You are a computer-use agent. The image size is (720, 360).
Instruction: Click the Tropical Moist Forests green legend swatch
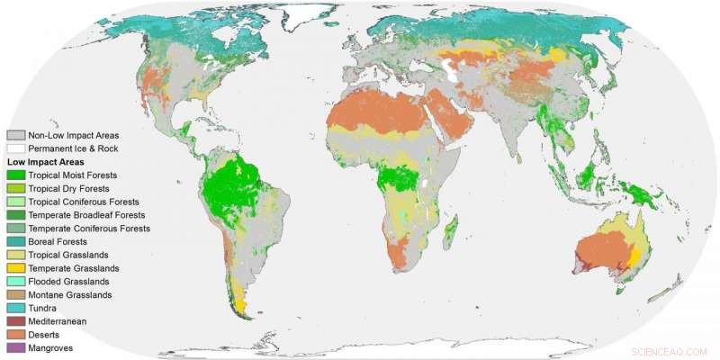15,175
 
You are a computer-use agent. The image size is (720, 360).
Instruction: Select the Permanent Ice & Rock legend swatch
15,148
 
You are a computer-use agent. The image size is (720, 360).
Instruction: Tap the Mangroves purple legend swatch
15,347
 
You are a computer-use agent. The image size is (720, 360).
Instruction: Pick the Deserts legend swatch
15,334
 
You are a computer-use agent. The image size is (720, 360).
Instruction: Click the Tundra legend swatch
15,308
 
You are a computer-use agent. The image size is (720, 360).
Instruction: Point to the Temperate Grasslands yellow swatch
15,268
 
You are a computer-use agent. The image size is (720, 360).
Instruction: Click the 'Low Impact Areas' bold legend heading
44,161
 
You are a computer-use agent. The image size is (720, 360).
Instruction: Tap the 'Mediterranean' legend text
58,321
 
